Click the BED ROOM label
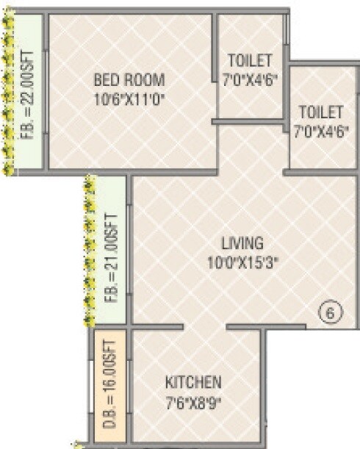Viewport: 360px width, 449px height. [x=129, y=79]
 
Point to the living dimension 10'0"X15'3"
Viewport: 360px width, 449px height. [x=243, y=259]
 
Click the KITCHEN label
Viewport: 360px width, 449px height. [x=192, y=383]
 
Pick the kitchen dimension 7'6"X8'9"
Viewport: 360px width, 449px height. [x=192, y=401]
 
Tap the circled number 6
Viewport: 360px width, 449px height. [x=331, y=313]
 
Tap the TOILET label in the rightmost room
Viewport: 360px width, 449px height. [x=320, y=113]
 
